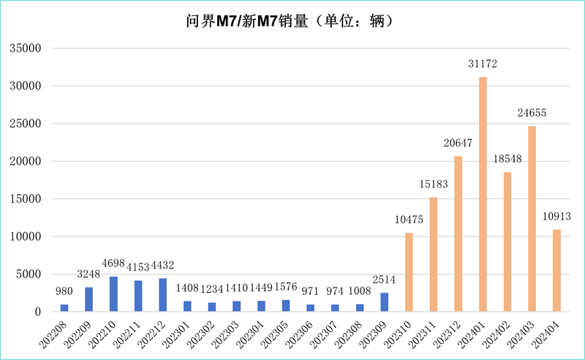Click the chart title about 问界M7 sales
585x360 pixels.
pyautogui.click(x=292, y=21)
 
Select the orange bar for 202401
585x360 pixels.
pyautogui.click(x=483, y=194)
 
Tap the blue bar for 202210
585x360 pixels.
pyautogui.click(x=113, y=294)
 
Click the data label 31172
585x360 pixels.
pyautogui.click(x=483, y=64)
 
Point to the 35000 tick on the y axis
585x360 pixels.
pyautogui.click(x=28, y=48)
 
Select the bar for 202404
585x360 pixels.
pyautogui.click(x=556, y=271)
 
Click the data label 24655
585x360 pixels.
pyautogui.click(x=532, y=113)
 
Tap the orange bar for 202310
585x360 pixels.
pyautogui.click(x=409, y=272)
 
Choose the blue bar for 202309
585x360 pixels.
pyautogui.click(x=384, y=302)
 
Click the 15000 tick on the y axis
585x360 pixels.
pyautogui.click(x=28, y=199)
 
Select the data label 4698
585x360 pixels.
pyautogui.click(x=113, y=263)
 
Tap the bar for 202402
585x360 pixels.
pyautogui.click(x=507, y=241)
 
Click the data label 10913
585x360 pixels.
pyautogui.click(x=556, y=217)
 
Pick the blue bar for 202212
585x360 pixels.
pyautogui.click(x=162, y=295)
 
